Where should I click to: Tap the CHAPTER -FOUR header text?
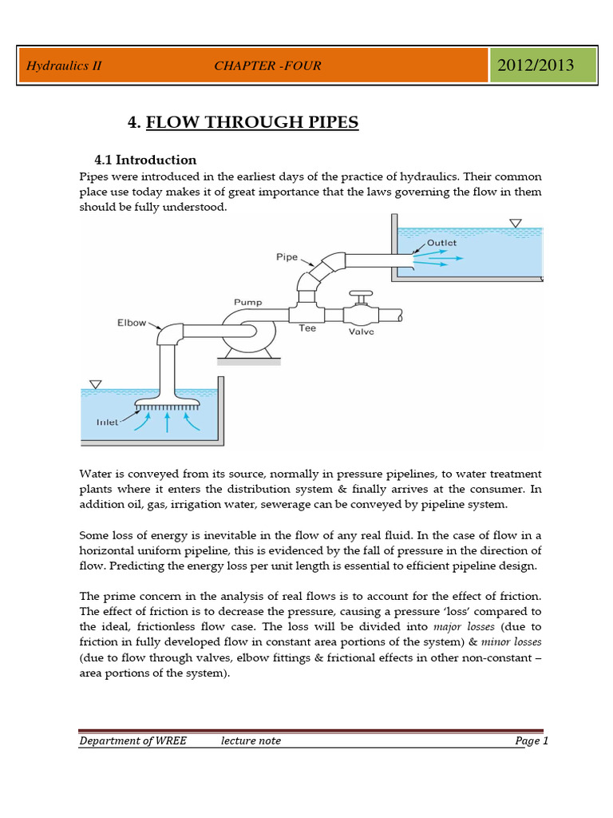267,66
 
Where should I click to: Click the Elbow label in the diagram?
132,324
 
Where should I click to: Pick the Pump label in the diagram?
247,303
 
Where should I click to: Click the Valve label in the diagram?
362,331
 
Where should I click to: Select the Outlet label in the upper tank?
441,242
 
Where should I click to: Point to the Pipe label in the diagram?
287,257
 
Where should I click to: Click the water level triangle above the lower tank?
96,384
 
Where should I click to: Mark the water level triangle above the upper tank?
516,224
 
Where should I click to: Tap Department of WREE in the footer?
132,741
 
